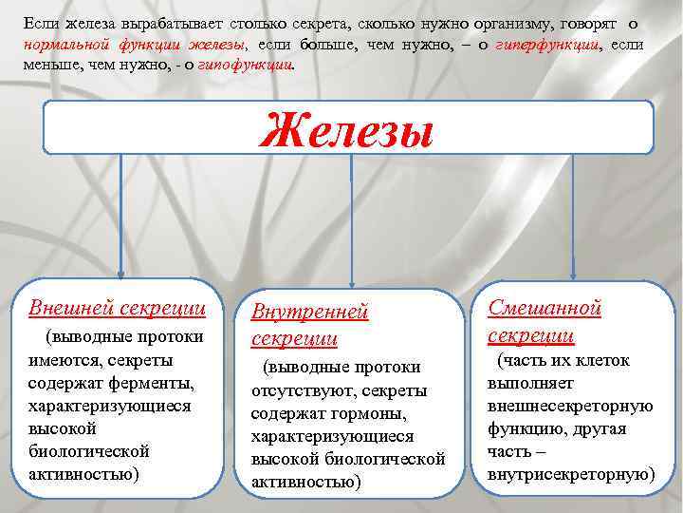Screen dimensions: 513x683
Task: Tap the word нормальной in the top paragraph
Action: point(61,45)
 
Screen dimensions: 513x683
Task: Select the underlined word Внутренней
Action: point(308,313)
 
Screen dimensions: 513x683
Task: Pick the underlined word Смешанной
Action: point(545,308)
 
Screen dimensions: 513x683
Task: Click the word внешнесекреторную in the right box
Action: point(570,406)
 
